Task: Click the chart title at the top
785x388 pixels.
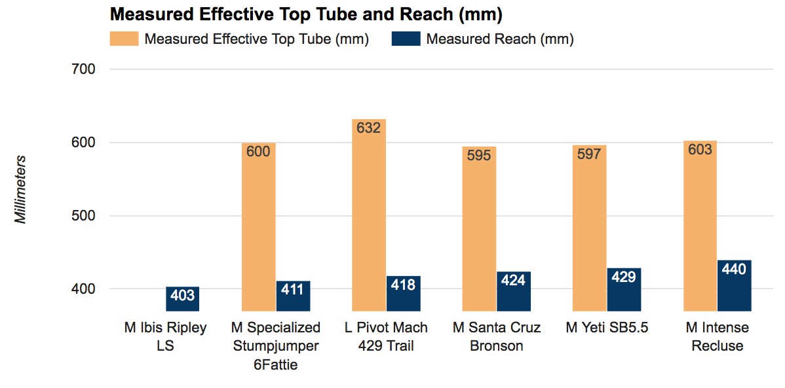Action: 305,14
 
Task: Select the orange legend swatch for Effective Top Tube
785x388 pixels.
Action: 124,39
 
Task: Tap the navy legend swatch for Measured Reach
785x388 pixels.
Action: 406,39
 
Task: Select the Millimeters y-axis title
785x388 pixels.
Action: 21,190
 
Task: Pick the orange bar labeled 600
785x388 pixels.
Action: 258,229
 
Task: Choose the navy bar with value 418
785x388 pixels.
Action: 403,294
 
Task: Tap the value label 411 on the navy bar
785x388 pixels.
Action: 293,289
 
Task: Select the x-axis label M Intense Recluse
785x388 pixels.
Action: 717,336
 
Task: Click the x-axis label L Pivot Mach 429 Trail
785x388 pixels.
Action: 386,336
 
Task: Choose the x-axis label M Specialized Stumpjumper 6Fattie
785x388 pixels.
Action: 276,345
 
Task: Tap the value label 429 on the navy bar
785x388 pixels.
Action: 624,277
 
